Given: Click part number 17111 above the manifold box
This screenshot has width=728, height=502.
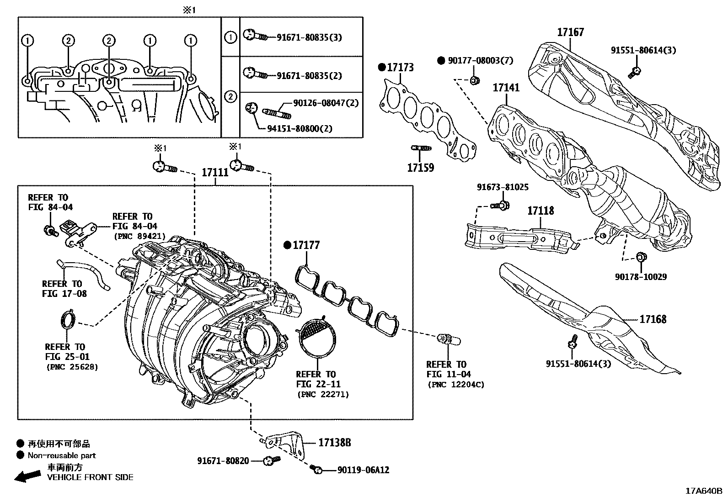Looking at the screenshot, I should pos(215,173).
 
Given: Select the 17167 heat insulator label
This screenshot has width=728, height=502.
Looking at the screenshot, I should pos(570,32).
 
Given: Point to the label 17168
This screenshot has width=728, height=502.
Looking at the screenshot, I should pos(653,319).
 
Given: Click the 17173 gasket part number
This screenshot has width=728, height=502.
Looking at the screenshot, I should pos(400,68).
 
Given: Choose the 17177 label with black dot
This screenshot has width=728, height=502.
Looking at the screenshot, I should pos(306,245).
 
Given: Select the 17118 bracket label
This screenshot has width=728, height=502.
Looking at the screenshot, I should pos(541,211).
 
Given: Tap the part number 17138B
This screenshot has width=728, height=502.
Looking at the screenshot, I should pos(334,442).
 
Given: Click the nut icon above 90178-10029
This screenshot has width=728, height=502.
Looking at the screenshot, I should pos(641,258).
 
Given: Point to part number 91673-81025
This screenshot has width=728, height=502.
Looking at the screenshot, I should pos(503,187).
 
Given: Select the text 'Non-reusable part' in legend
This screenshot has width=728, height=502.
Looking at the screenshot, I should pos(62,455).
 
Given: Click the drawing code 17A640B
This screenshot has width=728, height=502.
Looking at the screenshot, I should pos(703,491).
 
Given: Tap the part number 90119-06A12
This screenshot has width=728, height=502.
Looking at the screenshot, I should pos(364,470).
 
